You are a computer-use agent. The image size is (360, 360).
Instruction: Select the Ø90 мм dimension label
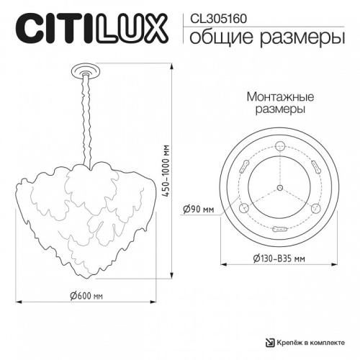[199, 209]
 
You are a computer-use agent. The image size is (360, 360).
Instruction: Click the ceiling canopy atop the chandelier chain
[86, 71]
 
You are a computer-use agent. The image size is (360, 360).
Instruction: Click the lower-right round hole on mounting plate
[311, 209]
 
